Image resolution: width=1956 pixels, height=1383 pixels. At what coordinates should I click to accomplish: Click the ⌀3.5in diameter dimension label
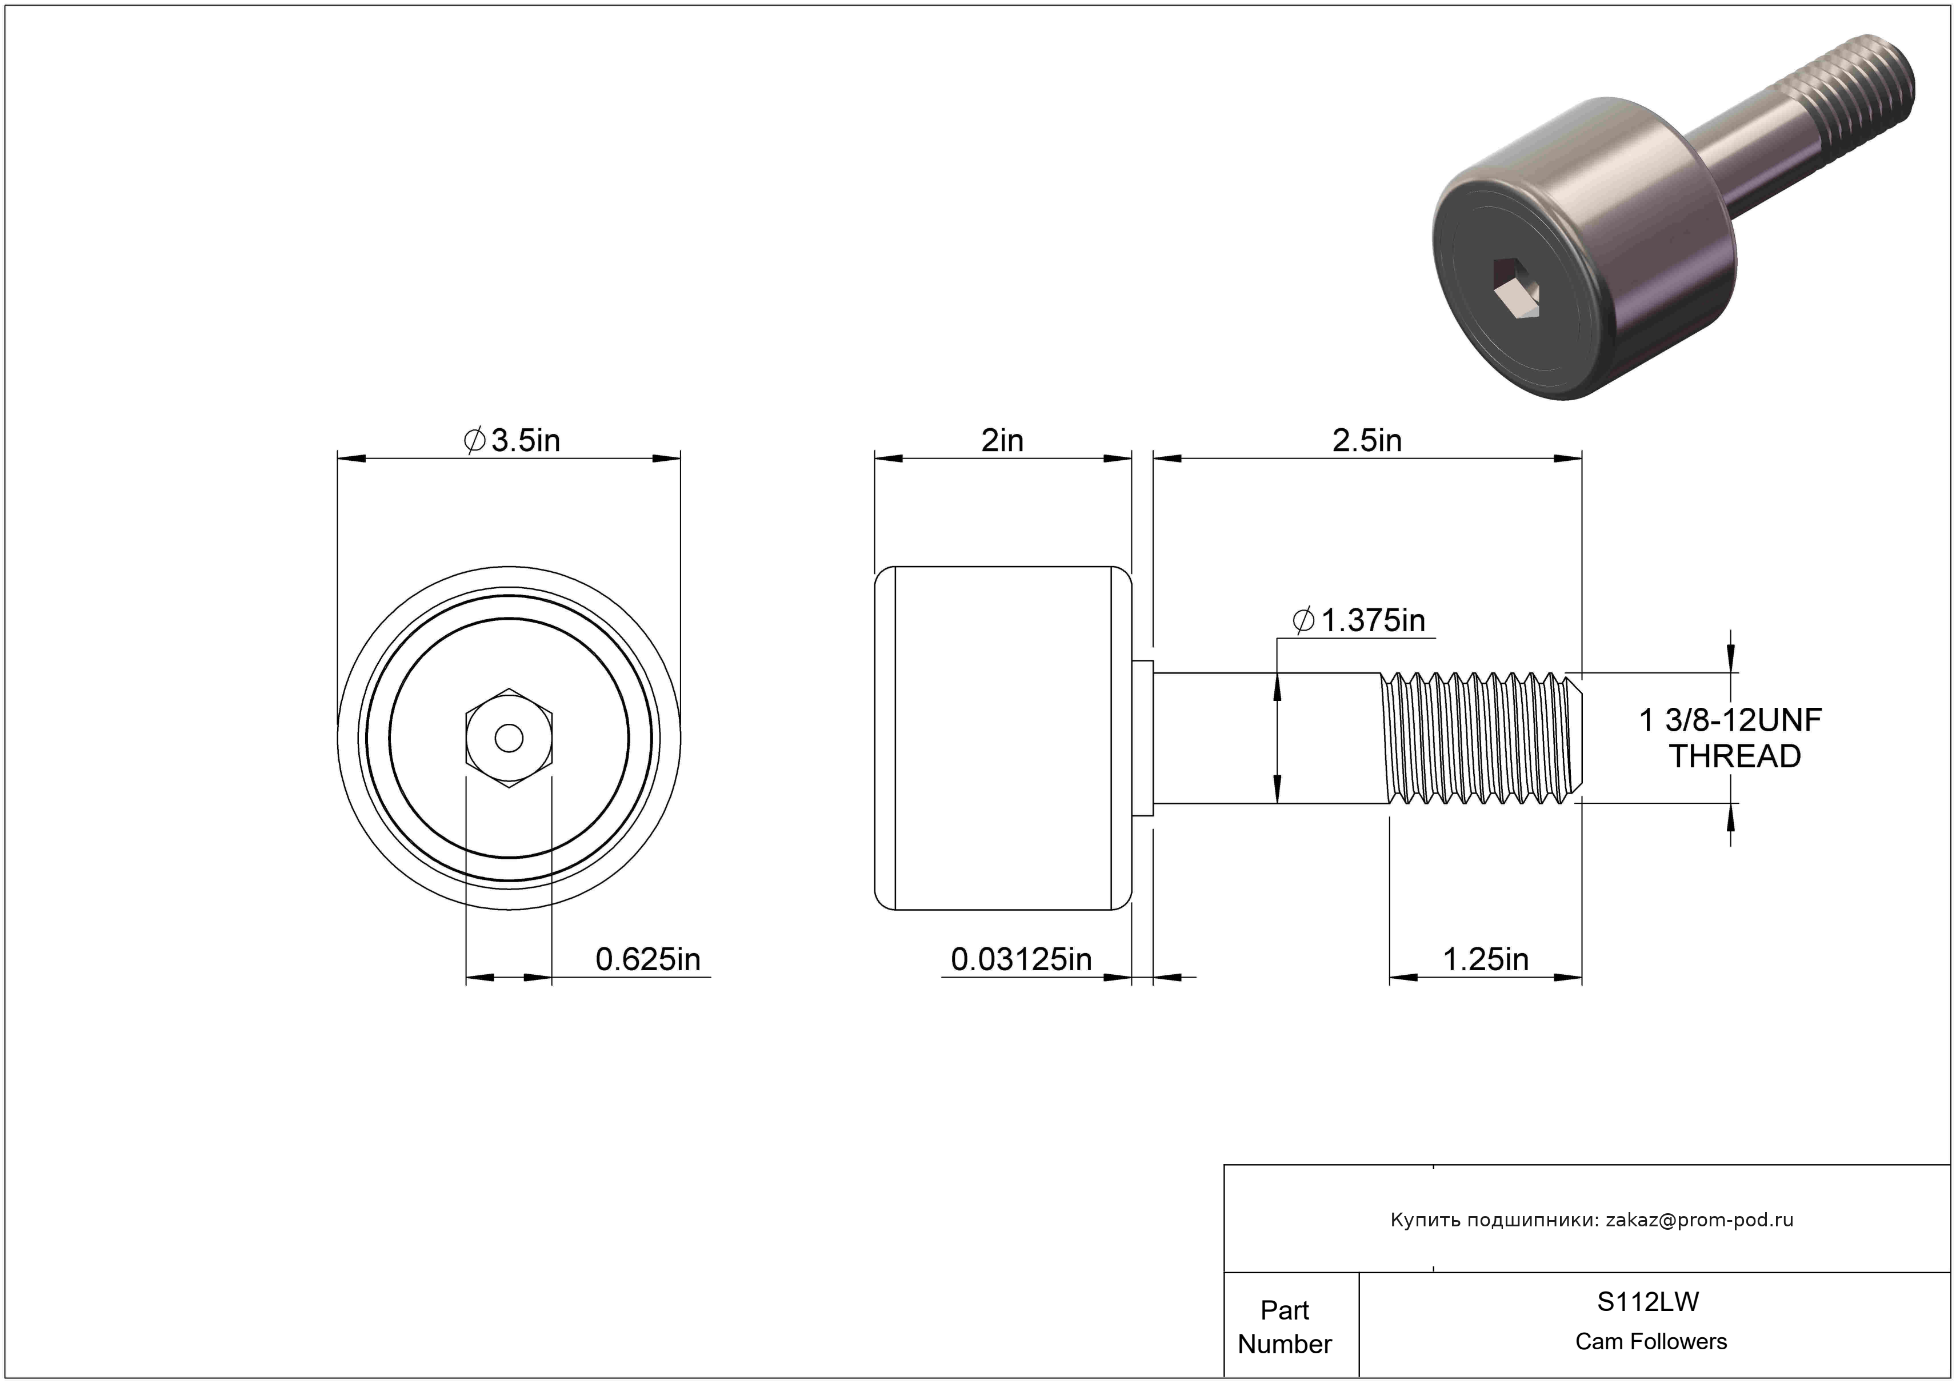coord(511,441)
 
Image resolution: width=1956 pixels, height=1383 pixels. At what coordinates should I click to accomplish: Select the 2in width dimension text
coord(1002,441)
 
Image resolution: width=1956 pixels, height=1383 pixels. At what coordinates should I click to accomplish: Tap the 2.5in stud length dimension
coord(1366,441)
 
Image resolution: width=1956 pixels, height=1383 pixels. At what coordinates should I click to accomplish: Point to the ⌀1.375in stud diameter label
coord(1359,620)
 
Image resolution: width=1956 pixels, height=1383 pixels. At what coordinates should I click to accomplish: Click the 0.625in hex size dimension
coord(647,959)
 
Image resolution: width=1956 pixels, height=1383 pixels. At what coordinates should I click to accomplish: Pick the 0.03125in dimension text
coord(1021,959)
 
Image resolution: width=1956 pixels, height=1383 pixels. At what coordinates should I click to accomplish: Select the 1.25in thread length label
coord(1486,959)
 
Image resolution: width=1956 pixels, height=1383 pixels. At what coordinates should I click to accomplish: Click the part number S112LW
coord(1647,1302)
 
